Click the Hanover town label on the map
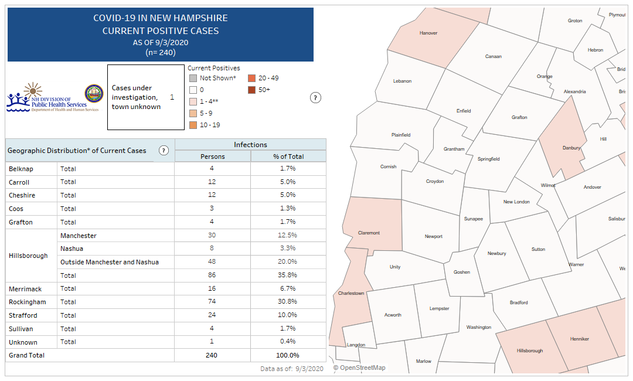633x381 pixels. tap(428, 33)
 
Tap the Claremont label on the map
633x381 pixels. tap(369, 233)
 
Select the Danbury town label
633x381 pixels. tap(571, 148)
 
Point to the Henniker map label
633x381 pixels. tap(579, 339)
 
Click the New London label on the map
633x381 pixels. tap(516, 202)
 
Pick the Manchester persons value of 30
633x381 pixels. tap(212, 235)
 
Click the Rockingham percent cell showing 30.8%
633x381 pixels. tap(288, 302)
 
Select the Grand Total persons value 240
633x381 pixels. tap(212, 355)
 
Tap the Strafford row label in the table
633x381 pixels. tap(23, 315)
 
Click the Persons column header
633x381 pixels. tap(212, 157)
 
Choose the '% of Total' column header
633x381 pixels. tap(288, 157)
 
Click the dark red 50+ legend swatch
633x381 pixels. tap(251, 90)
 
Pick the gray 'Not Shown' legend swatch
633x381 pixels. tap(192, 78)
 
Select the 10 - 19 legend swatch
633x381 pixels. tap(192, 125)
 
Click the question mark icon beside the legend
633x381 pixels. tap(315, 98)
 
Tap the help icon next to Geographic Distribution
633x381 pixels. tap(164, 151)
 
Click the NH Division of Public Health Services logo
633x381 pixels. tap(46, 98)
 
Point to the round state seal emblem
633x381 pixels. tap(94, 93)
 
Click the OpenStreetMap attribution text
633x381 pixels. tap(359, 368)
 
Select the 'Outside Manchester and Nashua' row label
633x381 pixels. tap(109, 262)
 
